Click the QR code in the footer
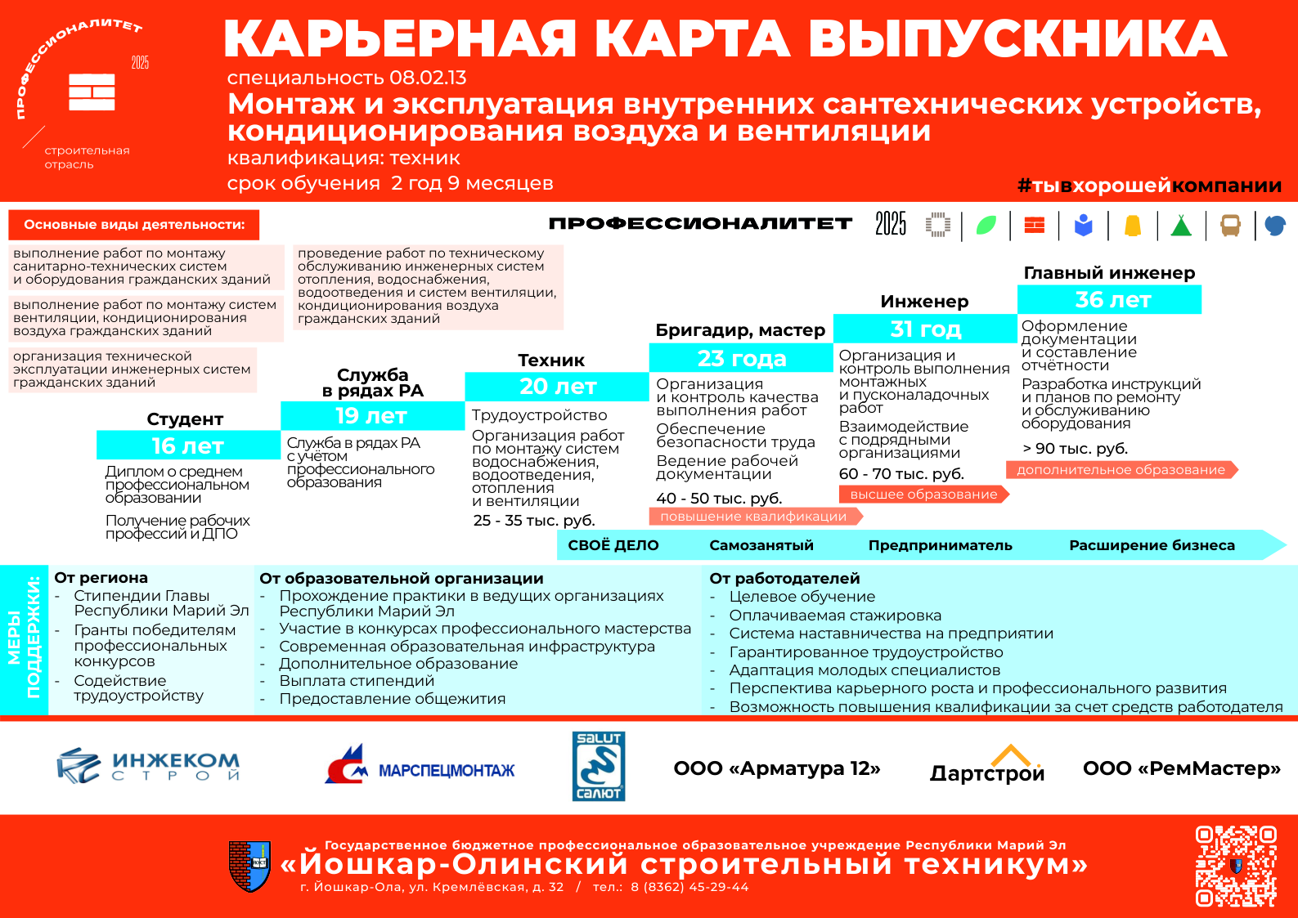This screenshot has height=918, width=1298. tap(1236, 866)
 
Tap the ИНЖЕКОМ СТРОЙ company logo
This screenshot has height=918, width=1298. tap(148, 766)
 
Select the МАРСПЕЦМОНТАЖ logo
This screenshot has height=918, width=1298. tap(420, 764)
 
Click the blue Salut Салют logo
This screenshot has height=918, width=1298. tap(599, 766)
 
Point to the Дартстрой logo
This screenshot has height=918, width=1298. tap(987, 764)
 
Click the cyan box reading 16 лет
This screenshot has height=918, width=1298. tap(188, 445)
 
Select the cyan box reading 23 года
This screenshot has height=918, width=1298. tap(741, 358)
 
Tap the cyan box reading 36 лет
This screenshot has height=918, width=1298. tap(1109, 299)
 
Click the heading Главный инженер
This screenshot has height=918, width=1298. tap(1109, 273)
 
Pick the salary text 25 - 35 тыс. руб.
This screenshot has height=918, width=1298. tap(534, 520)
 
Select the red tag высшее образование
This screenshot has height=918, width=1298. tap(923, 494)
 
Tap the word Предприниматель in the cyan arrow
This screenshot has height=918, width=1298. tap(940, 545)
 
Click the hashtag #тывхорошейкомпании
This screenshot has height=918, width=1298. tap(1149, 186)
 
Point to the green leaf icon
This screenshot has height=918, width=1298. tap(986, 226)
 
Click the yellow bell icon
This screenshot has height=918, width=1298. tap(1132, 226)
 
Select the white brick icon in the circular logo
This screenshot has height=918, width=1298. tap(92, 92)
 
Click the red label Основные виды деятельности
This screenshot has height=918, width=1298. tap(134, 225)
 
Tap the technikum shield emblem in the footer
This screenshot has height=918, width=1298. tap(249, 866)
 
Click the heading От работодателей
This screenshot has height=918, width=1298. tap(784, 578)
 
